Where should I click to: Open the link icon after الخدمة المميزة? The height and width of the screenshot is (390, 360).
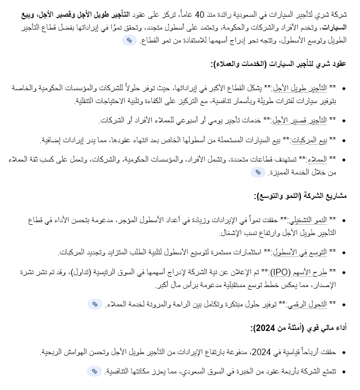(258, 172)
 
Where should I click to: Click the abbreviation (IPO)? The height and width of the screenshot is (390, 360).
(278, 272)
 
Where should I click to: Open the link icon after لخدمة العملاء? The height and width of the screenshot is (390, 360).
(94, 304)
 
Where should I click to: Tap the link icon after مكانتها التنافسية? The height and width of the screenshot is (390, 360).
(94, 371)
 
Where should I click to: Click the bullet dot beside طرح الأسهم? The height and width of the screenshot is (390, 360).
(344, 273)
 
